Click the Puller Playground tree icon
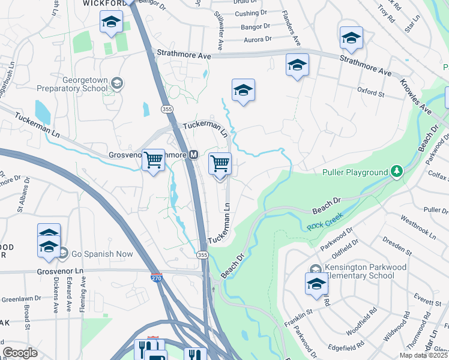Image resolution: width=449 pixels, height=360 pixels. [396, 172]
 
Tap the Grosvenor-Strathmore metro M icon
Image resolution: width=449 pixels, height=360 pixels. [194, 155]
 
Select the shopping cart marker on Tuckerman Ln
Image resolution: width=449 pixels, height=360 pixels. [220, 164]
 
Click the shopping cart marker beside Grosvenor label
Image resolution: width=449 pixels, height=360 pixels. [154, 160]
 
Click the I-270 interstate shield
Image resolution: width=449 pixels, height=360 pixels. [155, 278]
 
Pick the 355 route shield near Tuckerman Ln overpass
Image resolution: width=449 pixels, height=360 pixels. [167, 109]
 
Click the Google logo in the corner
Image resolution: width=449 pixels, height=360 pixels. [20, 353]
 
